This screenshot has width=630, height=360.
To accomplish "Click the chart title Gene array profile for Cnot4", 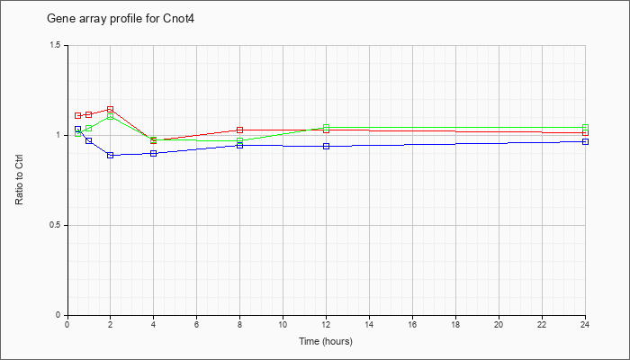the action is (121, 19).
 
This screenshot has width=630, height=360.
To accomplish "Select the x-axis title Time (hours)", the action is (326, 341).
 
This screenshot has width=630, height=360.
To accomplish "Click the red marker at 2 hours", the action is (110, 109).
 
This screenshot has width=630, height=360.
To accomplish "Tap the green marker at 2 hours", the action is (110, 116).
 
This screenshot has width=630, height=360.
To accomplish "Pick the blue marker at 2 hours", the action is (110, 155).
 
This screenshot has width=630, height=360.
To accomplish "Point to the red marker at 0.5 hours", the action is (78, 116).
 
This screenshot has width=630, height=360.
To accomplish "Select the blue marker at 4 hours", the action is (154, 154).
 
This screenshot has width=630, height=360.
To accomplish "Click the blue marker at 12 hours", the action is (326, 146).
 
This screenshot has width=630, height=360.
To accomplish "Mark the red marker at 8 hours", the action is (240, 130).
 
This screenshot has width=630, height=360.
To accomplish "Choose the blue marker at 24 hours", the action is (585, 142).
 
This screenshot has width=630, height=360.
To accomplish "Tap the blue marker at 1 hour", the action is (89, 141).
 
